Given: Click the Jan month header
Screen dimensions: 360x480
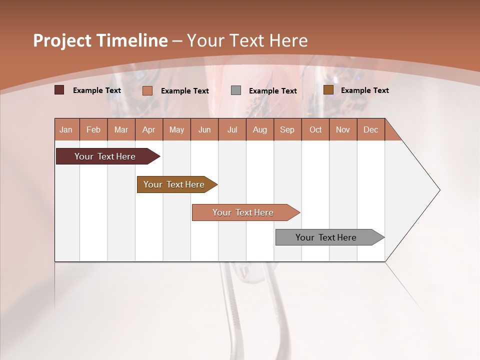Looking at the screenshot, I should coord(66,129).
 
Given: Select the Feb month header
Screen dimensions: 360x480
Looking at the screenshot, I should coord(93,129).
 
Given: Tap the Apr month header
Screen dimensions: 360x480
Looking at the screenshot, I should coord(149,129).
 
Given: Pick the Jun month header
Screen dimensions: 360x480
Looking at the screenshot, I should coord(204,129).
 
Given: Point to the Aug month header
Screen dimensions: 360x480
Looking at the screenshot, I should coord(259,129).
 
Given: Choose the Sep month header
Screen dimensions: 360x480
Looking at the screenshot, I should coord(287,129).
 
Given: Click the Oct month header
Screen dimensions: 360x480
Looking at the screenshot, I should coord(315,129).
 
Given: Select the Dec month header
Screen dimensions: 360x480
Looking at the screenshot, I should coord(370,129).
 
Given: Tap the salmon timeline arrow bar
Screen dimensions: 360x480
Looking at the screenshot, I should coord(243,212).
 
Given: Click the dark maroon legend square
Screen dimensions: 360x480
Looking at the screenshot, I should coord(59,90).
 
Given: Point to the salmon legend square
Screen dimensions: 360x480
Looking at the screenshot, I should coord(147,90).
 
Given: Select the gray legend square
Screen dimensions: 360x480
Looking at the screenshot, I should coord(236,90).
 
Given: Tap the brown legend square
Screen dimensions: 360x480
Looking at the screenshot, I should coord(328,90).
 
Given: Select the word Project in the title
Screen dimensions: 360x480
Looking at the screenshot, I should coord(62,40).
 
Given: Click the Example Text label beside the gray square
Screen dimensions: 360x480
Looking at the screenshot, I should coord(272,91).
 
